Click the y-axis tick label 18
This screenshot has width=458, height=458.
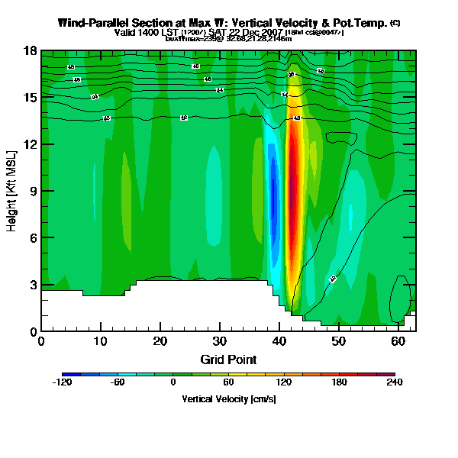pyautogui.click(x=31, y=51)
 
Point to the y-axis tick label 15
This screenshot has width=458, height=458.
pyautogui.click(x=31, y=98)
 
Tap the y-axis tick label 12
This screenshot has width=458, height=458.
pyautogui.click(x=31, y=144)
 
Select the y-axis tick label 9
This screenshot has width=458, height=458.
pyautogui.click(x=34, y=191)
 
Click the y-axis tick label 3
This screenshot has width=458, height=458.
pyautogui.click(x=34, y=285)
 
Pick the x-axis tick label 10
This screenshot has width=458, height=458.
pyautogui.click(x=101, y=340)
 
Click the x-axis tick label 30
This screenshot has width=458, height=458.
pyautogui.click(x=220, y=340)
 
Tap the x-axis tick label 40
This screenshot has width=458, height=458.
pyautogui.click(x=279, y=340)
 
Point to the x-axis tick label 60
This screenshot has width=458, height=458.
pyautogui.click(x=398, y=340)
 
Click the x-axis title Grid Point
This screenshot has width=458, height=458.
pyautogui.click(x=229, y=359)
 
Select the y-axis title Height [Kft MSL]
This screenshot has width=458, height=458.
pyautogui.click(x=13, y=191)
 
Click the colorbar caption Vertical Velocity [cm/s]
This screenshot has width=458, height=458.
pyautogui.click(x=229, y=398)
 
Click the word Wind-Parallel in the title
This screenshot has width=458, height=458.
pyautogui.click(x=92, y=23)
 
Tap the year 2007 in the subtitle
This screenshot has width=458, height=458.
pyautogui.click(x=272, y=32)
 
